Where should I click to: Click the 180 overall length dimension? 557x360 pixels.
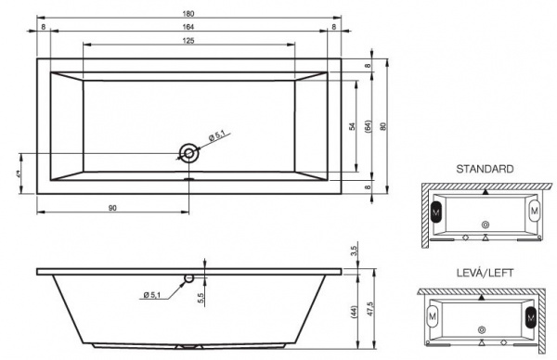coord(189,12)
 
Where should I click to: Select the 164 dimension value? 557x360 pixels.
coord(189,26)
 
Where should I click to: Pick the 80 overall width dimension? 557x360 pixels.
coord(382,125)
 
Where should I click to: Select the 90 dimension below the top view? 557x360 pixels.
coord(112,207)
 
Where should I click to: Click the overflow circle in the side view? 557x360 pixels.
coord(188,276)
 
